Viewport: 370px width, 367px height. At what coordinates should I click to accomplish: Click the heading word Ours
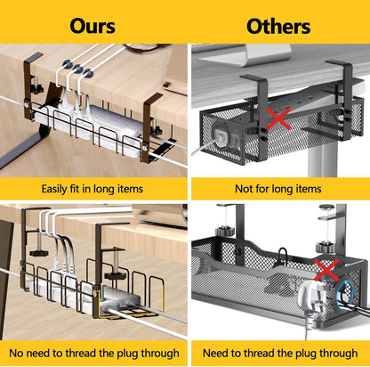pos(92,26)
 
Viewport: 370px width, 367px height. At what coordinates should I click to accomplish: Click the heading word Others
pos(278,26)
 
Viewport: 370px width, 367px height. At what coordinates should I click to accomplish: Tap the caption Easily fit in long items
pos(92,189)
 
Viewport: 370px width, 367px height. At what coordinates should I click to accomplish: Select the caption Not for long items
pos(278,189)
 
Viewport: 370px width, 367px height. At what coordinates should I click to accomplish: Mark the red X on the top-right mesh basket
pos(278,118)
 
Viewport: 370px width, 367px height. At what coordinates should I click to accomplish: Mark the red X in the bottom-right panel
pos(326,270)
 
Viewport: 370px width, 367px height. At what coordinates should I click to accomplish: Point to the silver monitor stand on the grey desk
pos(246,56)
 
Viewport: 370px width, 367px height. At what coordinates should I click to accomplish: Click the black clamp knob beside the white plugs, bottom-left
pos(39,253)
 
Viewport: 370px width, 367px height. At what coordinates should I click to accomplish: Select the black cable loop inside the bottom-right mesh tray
pos(283,257)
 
